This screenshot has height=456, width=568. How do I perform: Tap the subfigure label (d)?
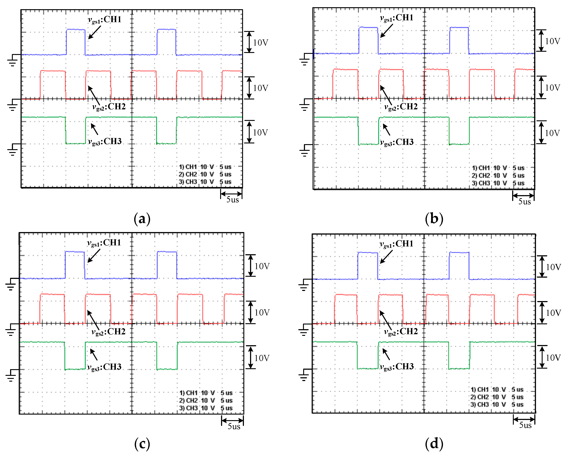coord(434,444)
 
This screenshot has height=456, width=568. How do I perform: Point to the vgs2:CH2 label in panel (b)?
coord(401,107)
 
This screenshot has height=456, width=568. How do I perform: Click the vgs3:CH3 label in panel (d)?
coord(397,367)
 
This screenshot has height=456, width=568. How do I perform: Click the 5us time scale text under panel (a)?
coord(232,200)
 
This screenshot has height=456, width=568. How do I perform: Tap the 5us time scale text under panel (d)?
coord(525,425)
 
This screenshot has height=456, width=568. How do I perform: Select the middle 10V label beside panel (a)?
coord(260,88)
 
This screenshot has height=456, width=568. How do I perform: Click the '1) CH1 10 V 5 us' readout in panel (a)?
coord(205,167)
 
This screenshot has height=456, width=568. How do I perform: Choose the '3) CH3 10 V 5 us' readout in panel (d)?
coord(497,404)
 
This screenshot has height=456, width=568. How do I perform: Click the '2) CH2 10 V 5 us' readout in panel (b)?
coord(498,175)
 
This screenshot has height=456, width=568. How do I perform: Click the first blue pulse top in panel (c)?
coord(75,252)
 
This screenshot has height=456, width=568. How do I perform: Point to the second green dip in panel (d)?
coord(459,368)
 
